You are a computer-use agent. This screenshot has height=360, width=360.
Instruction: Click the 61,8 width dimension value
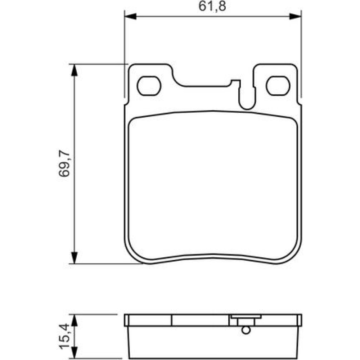212,6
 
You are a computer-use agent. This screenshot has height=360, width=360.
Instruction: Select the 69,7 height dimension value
64,163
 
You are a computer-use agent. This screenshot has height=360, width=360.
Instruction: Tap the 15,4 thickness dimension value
64,336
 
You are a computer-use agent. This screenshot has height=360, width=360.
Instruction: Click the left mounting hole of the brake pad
149,86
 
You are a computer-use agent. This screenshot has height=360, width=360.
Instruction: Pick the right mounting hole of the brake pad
278,86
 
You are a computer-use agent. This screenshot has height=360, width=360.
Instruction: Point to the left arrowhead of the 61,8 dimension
130,17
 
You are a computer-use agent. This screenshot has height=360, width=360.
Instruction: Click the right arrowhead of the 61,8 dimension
295,17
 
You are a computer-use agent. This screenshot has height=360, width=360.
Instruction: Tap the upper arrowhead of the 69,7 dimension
74,70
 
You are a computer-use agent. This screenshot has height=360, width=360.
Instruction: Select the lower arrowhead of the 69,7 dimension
74,258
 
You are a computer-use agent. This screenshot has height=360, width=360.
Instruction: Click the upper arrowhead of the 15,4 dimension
74,320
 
